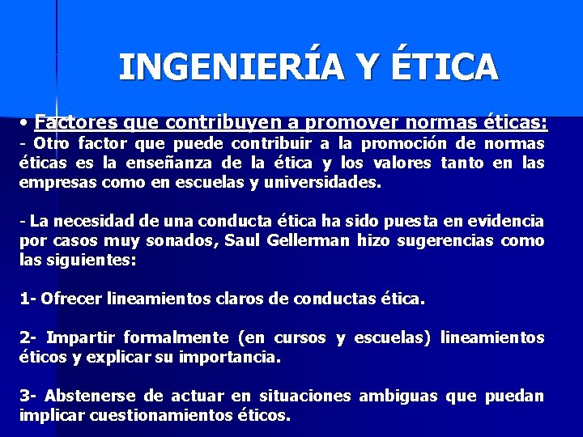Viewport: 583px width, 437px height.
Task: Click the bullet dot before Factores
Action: pyautogui.click(x=27, y=124)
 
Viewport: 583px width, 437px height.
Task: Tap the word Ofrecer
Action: pyautogui.click(x=70, y=299)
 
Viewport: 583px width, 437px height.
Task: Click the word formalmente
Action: pyautogui.click(x=182, y=337)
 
